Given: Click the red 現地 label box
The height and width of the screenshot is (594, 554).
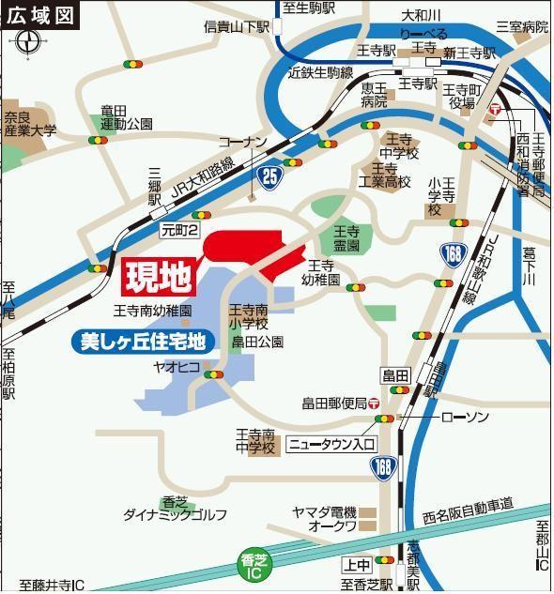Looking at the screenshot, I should pyautogui.click(x=159, y=276).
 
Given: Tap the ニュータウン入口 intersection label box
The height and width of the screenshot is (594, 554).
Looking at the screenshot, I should pyautogui.click(x=331, y=443).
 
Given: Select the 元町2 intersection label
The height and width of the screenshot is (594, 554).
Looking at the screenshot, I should pyautogui.click(x=179, y=228).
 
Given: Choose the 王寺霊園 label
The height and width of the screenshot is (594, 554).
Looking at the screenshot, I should pyautogui.click(x=346, y=238).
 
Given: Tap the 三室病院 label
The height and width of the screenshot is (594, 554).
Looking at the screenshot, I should pyautogui.click(x=523, y=28).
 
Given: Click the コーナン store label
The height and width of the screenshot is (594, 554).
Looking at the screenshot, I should pyautogui.click(x=243, y=142).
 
